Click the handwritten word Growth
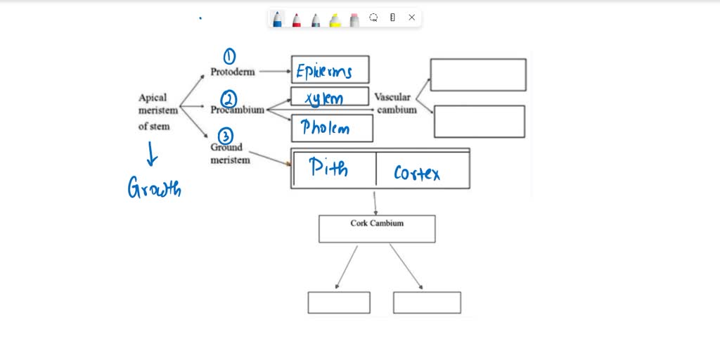[154, 188]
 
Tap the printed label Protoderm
[232, 72]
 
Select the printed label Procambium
[237, 110]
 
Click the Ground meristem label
[230, 153]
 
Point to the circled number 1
[229, 56]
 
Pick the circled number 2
[229, 98]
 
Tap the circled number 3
[225, 136]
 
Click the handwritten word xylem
[324, 98]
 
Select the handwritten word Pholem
[325, 128]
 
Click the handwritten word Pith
[328, 168]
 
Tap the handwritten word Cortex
[417, 172]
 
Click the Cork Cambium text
[377, 224]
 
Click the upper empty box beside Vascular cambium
[478, 75]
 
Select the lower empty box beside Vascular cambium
[479, 121]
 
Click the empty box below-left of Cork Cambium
[339, 302]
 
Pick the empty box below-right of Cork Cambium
[427, 302]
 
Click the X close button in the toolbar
[412, 18]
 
